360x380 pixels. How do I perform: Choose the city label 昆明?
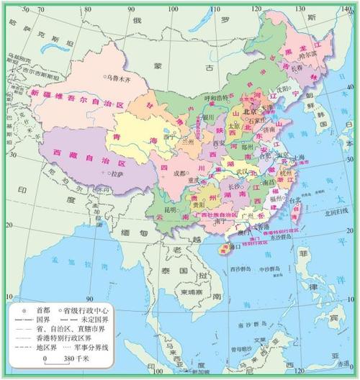(170, 209)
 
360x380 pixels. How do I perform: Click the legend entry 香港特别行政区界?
(58, 335)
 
